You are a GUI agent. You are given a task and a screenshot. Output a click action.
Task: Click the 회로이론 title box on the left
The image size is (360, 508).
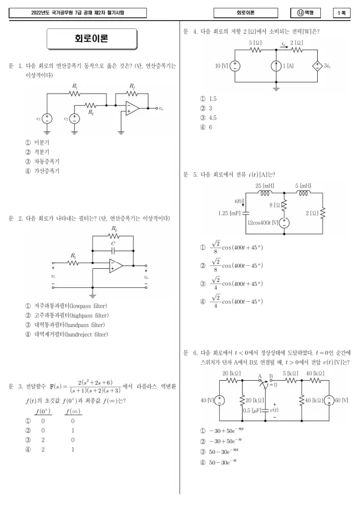pyautogui.click(x=92, y=39)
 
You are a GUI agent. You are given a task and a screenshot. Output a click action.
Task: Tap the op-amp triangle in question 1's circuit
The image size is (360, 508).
pyautogui.click(x=132, y=108)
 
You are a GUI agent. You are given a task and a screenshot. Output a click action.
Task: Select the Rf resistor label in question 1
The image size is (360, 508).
pyautogui.click(x=132, y=86)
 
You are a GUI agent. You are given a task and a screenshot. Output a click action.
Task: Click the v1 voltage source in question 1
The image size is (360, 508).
pyautogui.click(x=47, y=119)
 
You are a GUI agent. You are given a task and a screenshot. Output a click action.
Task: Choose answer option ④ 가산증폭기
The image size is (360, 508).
pyautogui.click(x=42, y=171)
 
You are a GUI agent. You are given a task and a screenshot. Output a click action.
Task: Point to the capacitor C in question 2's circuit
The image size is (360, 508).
pyautogui.click(x=113, y=250)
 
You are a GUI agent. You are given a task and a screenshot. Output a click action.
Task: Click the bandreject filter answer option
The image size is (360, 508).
pyautogui.click(x=67, y=334)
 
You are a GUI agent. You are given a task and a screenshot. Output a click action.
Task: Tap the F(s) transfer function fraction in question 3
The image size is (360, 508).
pyautogui.click(x=95, y=387)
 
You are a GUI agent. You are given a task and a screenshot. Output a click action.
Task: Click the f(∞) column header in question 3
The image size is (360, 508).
pyautogui.click(x=72, y=411)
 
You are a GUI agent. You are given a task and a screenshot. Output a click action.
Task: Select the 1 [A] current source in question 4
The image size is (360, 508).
pyautogui.click(x=276, y=66)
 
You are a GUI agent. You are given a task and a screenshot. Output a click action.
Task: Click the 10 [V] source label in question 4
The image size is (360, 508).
pyautogui.click(x=221, y=66)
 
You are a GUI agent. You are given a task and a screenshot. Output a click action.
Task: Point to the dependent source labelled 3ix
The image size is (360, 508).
pyautogui.click(x=317, y=66)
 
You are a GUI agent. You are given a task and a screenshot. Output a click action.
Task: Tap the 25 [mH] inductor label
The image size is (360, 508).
pyautogui.click(x=265, y=186)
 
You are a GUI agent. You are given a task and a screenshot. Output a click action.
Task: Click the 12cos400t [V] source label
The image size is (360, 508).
pyautogui.click(x=263, y=223)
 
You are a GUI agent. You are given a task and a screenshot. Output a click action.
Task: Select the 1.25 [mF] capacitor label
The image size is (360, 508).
pyautogui.click(x=229, y=213)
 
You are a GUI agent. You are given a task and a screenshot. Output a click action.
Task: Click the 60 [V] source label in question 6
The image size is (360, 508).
pyautogui.click(x=342, y=400)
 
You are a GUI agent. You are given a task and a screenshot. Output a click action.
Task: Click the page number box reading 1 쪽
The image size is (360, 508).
pyautogui.click(x=342, y=13)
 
